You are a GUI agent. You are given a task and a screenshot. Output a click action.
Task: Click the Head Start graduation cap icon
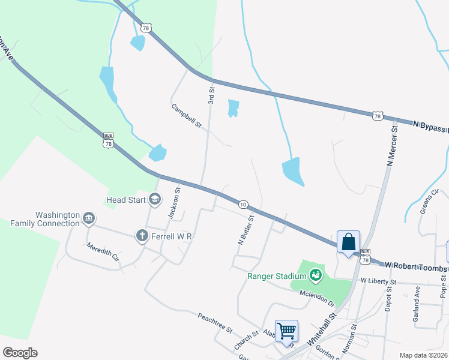coord(155,199)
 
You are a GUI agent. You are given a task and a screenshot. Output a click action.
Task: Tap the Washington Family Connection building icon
coord(89,217)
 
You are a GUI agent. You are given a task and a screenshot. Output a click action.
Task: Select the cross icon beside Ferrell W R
coord(142,236)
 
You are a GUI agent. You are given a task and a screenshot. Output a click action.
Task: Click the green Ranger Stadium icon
coord(315,275)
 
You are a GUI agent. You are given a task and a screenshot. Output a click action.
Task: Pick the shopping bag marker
coord(348,242)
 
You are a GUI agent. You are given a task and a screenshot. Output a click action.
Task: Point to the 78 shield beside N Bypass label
coord(378,115)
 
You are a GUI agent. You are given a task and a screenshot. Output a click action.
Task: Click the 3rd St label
coord(211,94)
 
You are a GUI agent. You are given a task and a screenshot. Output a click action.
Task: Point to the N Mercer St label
coord(393,145)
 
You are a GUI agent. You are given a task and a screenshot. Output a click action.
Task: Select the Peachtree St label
coord(214,322)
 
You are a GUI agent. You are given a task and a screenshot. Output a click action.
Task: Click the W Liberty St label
coord(378,281)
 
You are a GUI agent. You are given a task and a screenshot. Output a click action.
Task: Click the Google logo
coord(20,353)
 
